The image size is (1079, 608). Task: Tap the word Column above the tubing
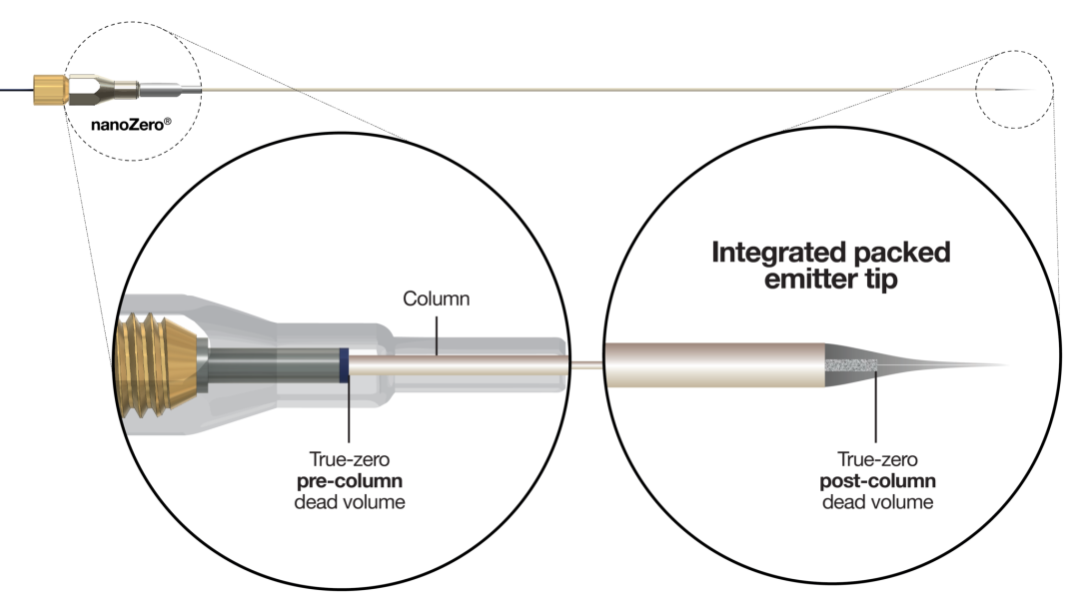(437, 299)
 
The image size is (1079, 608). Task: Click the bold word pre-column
(350, 481)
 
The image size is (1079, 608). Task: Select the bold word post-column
(877, 481)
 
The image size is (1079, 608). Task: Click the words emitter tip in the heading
(830, 280)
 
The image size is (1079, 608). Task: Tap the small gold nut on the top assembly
(50, 90)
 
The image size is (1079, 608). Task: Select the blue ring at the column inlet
(344, 365)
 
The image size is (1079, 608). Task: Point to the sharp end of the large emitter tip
(1009, 365)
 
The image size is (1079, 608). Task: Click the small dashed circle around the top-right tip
(1014, 51)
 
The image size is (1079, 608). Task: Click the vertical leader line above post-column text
(876, 406)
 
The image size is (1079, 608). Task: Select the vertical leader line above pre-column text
(349, 412)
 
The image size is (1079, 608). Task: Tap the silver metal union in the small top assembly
(103, 90)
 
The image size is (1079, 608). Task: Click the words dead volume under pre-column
(350, 502)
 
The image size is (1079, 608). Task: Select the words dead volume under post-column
(877, 502)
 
